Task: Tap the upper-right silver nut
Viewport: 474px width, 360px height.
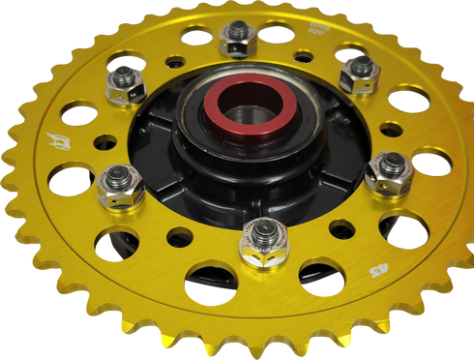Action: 359,70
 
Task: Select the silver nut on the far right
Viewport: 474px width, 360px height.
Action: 389,173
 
